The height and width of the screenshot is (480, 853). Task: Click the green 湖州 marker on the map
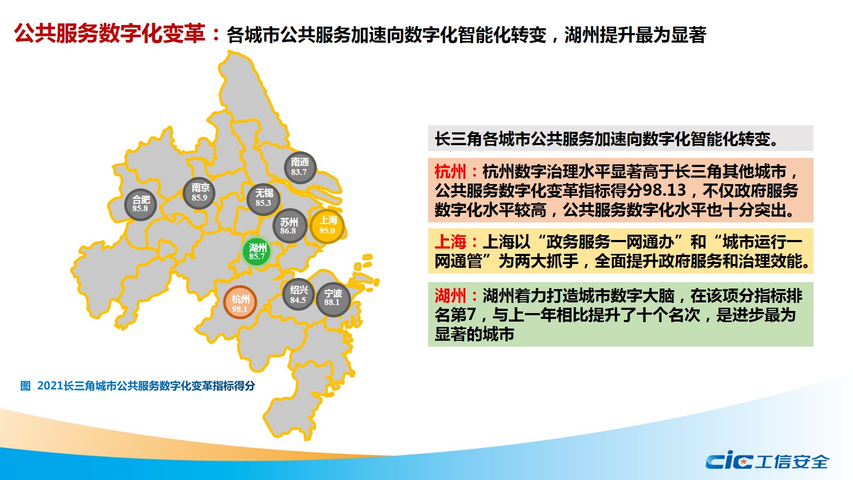(256, 252)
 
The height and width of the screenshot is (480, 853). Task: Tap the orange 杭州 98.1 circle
(240, 302)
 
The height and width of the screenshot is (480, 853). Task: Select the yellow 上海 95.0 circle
(327, 226)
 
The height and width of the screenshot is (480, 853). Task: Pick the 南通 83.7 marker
(300, 167)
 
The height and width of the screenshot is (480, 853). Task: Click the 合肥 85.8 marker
(141, 205)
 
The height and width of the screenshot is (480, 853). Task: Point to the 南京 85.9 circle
(199, 193)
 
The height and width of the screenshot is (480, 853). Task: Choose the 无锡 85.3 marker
(263, 199)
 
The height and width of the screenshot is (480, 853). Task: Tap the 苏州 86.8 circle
(289, 226)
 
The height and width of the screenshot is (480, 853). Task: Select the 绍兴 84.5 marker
(299, 294)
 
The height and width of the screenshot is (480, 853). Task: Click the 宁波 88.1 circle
(333, 299)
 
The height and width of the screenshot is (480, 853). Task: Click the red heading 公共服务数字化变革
(110, 34)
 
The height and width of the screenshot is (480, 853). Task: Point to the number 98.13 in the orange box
(664, 190)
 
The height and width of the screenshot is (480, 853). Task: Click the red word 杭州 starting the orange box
(450, 171)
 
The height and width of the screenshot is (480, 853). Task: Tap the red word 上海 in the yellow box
(450, 242)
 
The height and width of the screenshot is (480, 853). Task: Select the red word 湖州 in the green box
(450, 295)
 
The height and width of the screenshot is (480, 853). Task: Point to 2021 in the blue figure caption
(50, 386)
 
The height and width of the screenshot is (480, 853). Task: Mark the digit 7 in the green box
(471, 315)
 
